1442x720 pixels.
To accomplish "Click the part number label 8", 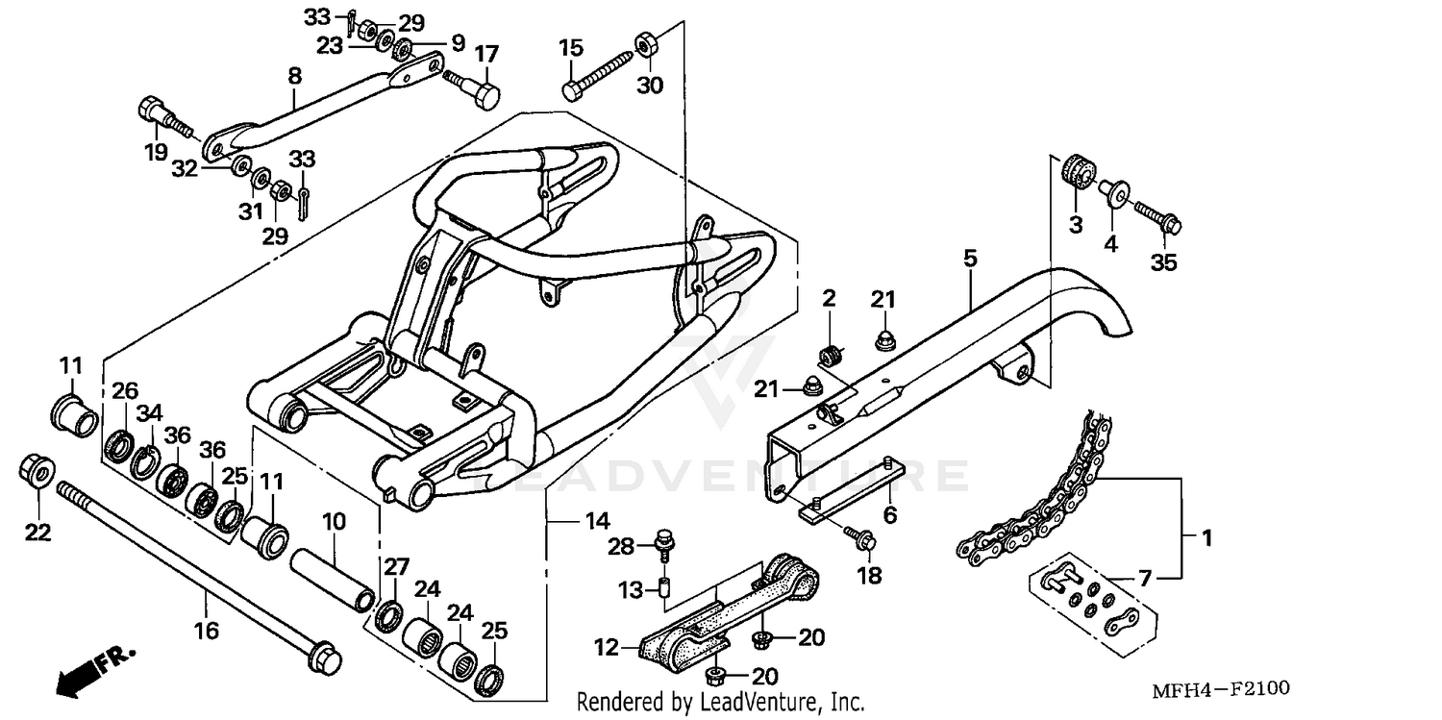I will click(294, 74).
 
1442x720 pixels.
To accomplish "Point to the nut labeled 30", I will click(645, 44).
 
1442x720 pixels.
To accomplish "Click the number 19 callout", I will click(156, 152).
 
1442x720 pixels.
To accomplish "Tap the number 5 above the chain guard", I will click(970, 231).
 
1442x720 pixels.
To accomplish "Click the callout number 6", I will click(890, 516).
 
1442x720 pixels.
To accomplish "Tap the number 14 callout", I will click(597, 522).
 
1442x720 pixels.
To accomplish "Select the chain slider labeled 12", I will click(731, 615).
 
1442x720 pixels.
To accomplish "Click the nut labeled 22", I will click(37, 472).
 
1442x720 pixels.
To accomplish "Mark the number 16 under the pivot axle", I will click(207, 631).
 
